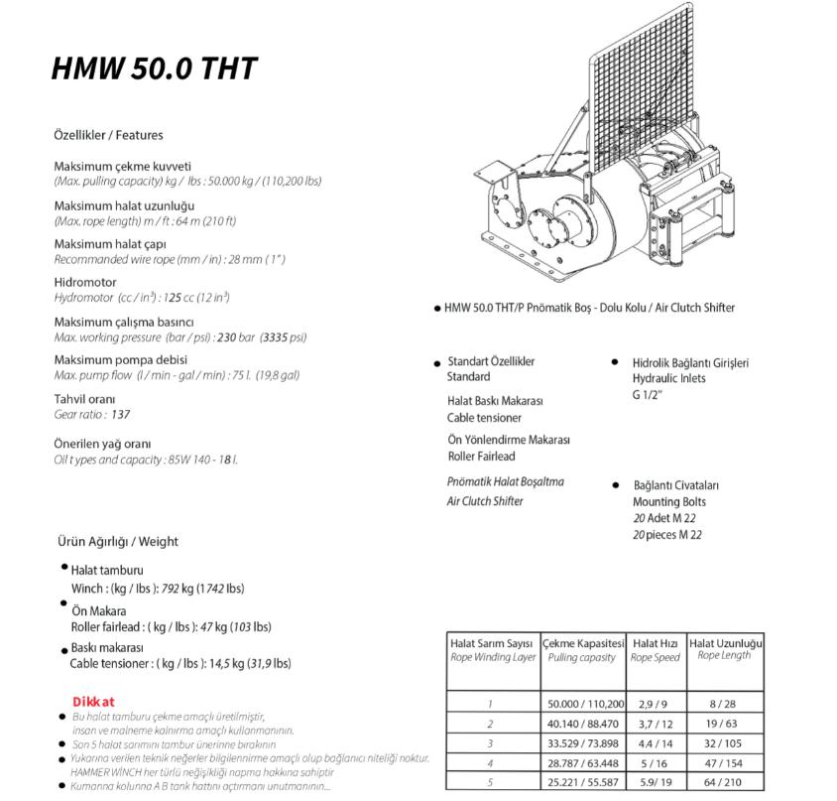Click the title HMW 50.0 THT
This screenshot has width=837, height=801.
click(x=155, y=67)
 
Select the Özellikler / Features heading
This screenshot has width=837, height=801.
click(x=108, y=135)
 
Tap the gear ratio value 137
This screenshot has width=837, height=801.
click(x=121, y=415)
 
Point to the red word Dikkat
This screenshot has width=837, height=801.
click(x=94, y=701)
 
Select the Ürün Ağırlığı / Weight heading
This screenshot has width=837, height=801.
click(x=117, y=542)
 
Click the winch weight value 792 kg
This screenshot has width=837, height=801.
click(x=175, y=589)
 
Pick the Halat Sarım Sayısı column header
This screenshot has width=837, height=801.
click(x=492, y=643)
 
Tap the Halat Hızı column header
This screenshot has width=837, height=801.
click(x=656, y=643)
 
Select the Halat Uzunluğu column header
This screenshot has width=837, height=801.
click(x=726, y=643)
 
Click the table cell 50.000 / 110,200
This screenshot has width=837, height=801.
click(x=585, y=703)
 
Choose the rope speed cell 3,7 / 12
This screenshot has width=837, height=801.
click(x=656, y=724)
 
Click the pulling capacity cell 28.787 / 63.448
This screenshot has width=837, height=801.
click(x=585, y=764)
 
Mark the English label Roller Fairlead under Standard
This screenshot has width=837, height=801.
click(x=483, y=457)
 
